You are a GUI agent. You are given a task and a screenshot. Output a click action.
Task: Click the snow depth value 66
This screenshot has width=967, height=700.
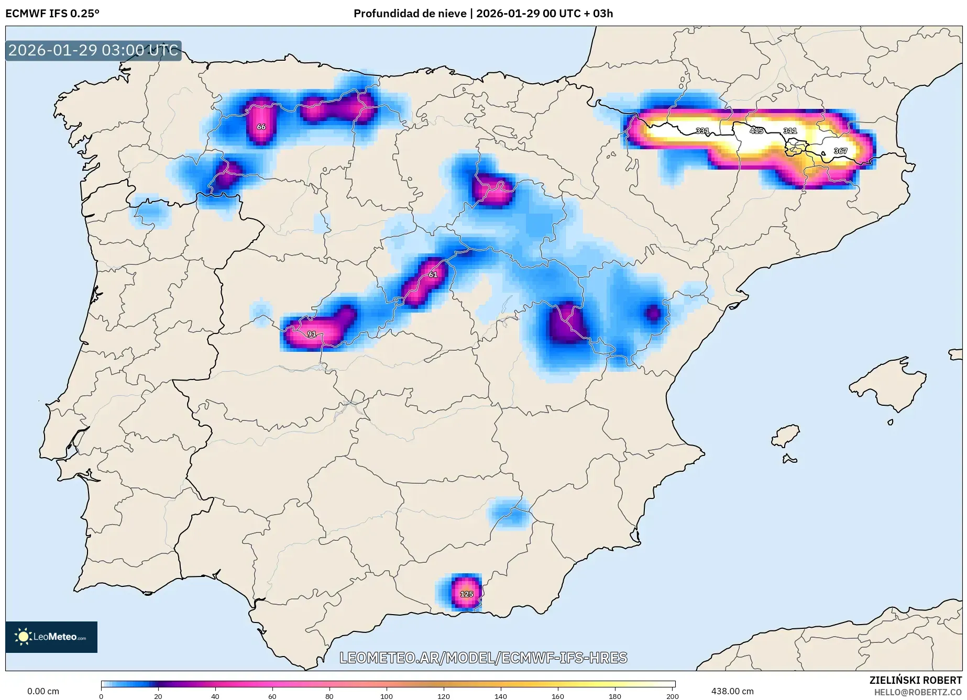click(261, 127)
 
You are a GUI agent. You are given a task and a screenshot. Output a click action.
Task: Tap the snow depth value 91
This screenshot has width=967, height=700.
click(312, 334)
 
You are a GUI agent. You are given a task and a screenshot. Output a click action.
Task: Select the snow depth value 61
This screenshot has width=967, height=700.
click(433, 274)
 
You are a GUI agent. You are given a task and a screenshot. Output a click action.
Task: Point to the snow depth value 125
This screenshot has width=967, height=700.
click(466, 594)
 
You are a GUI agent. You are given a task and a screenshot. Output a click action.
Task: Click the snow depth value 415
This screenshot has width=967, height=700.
click(756, 130)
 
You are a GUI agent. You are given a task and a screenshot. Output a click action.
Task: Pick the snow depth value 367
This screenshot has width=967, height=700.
click(840, 151)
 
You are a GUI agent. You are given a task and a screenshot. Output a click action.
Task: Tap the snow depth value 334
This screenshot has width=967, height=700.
click(702, 130)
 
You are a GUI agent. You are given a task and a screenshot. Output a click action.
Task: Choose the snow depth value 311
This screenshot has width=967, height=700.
click(790, 130)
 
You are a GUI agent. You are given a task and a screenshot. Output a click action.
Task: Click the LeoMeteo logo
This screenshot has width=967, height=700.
click(51, 637)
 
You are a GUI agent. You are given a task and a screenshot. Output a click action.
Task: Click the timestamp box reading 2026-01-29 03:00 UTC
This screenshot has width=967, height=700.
click(93, 50)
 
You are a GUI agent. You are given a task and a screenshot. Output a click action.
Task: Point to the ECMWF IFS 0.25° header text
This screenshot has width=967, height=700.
click(52, 14)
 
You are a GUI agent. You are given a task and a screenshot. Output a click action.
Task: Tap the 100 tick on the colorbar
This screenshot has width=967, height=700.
click(387, 696)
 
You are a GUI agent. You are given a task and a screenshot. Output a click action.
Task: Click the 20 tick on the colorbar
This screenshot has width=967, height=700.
click(158, 696)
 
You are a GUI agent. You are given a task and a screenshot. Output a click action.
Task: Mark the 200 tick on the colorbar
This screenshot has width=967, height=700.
click(673, 696)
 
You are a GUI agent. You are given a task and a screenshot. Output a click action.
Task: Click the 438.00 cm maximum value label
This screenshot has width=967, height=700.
click(732, 691)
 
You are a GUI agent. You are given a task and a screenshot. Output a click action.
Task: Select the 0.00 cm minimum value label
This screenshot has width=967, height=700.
click(43, 691)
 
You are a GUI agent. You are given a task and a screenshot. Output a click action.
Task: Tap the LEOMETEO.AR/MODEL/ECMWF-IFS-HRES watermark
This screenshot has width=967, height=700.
click(483, 658)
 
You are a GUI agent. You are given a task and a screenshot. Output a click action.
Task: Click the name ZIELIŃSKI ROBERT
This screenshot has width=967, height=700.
click(916, 680)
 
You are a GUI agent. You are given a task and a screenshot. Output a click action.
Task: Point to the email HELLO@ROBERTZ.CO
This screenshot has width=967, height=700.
click(918, 692)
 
